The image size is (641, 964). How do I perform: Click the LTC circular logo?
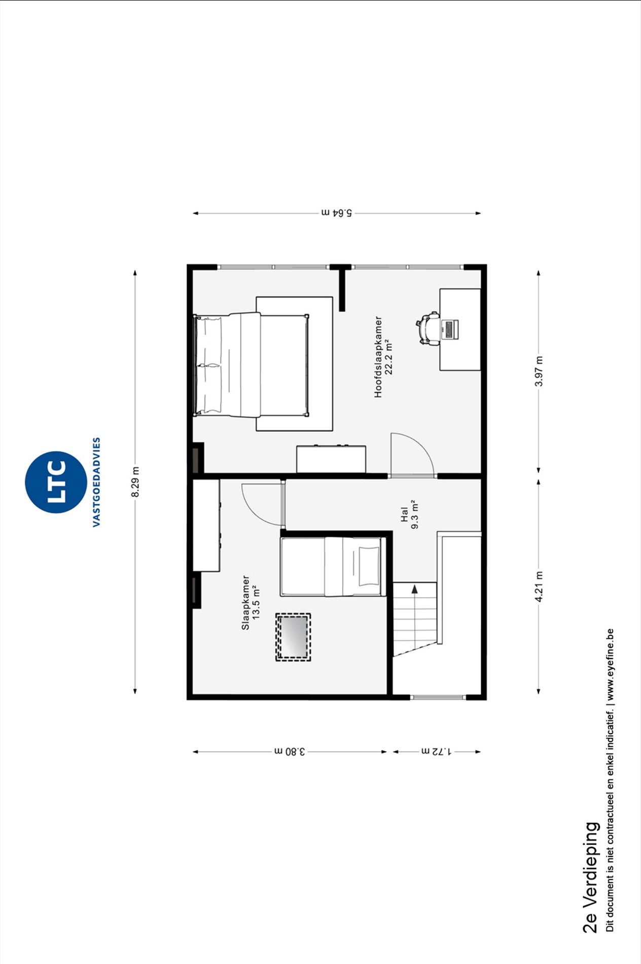56,482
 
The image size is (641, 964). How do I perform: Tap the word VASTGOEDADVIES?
96,482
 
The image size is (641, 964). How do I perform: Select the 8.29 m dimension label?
135,482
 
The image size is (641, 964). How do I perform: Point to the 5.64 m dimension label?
337,213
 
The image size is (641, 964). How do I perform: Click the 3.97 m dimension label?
539,371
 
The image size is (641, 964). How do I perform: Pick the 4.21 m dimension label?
539,587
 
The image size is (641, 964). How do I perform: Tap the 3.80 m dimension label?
290,751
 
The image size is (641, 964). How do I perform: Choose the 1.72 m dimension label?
436,751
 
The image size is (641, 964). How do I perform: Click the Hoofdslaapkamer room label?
378,357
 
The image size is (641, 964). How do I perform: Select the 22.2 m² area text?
389,357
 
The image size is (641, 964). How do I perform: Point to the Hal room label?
404,514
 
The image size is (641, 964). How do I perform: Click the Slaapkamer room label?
245,603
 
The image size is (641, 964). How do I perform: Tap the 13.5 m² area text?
256,603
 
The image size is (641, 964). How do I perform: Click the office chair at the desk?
428,328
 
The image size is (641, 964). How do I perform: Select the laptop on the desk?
450,329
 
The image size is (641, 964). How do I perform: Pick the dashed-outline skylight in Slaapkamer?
293,637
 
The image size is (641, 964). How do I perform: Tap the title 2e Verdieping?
590,877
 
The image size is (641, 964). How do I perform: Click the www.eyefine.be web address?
610,664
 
